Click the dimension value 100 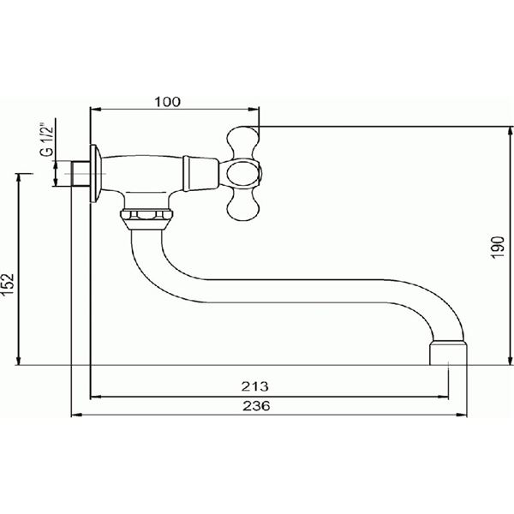167,102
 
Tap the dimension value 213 254,386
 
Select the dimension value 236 256,406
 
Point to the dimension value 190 499,248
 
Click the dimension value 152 8,284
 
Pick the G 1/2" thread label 46,140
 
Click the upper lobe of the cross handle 243,142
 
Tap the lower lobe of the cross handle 243,205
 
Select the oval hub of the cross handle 243,174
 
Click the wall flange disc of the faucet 94,173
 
